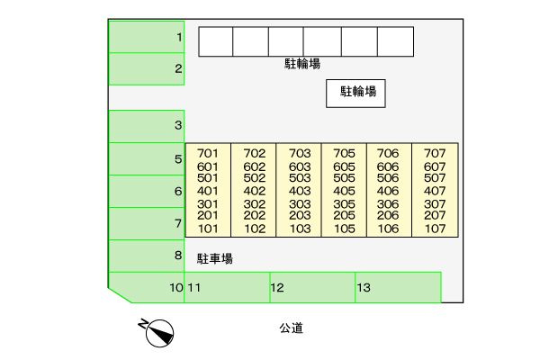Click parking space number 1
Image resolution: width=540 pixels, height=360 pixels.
pyautogui.click(x=147, y=37)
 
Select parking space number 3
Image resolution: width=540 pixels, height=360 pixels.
pyautogui.click(x=147, y=126)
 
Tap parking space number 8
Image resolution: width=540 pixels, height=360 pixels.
pyautogui.click(x=147, y=256)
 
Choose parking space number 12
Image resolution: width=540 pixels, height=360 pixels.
pyautogui.click(x=312, y=288)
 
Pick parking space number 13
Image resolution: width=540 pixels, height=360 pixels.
pyautogui.click(x=398, y=288)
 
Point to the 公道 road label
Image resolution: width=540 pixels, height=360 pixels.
pyautogui.click(x=292, y=328)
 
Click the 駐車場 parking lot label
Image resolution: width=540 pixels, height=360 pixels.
pyautogui.click(x=215, y=258)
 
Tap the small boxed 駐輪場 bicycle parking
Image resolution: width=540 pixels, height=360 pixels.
pyautogui.click(x=355, y=94)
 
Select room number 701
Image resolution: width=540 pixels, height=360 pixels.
pyautogui.click(x=208, y=153)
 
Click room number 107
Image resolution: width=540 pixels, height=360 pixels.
pyautogui.click(x=435, y=229)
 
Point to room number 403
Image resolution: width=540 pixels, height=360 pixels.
pyautogui.click(x=300, y=191)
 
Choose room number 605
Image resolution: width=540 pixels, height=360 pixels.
pyautogui.click(x=344, y=167)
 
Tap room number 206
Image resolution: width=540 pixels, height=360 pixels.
pyautogui.click(x=388, y=215)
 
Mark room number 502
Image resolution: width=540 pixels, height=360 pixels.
pyautogui.click(x=255, y=178)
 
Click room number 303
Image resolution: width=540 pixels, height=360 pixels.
pyautogui.click(x=300, y=204)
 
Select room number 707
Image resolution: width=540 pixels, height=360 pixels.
pyautogui.click(x=435, y=153)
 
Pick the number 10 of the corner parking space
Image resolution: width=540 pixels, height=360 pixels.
pyautogui.click(x=176, y=288)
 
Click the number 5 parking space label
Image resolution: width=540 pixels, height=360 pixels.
pyautogui.click(x=178, y=159)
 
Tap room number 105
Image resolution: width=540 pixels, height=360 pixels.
pyautogui.click(x=345, y=229)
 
